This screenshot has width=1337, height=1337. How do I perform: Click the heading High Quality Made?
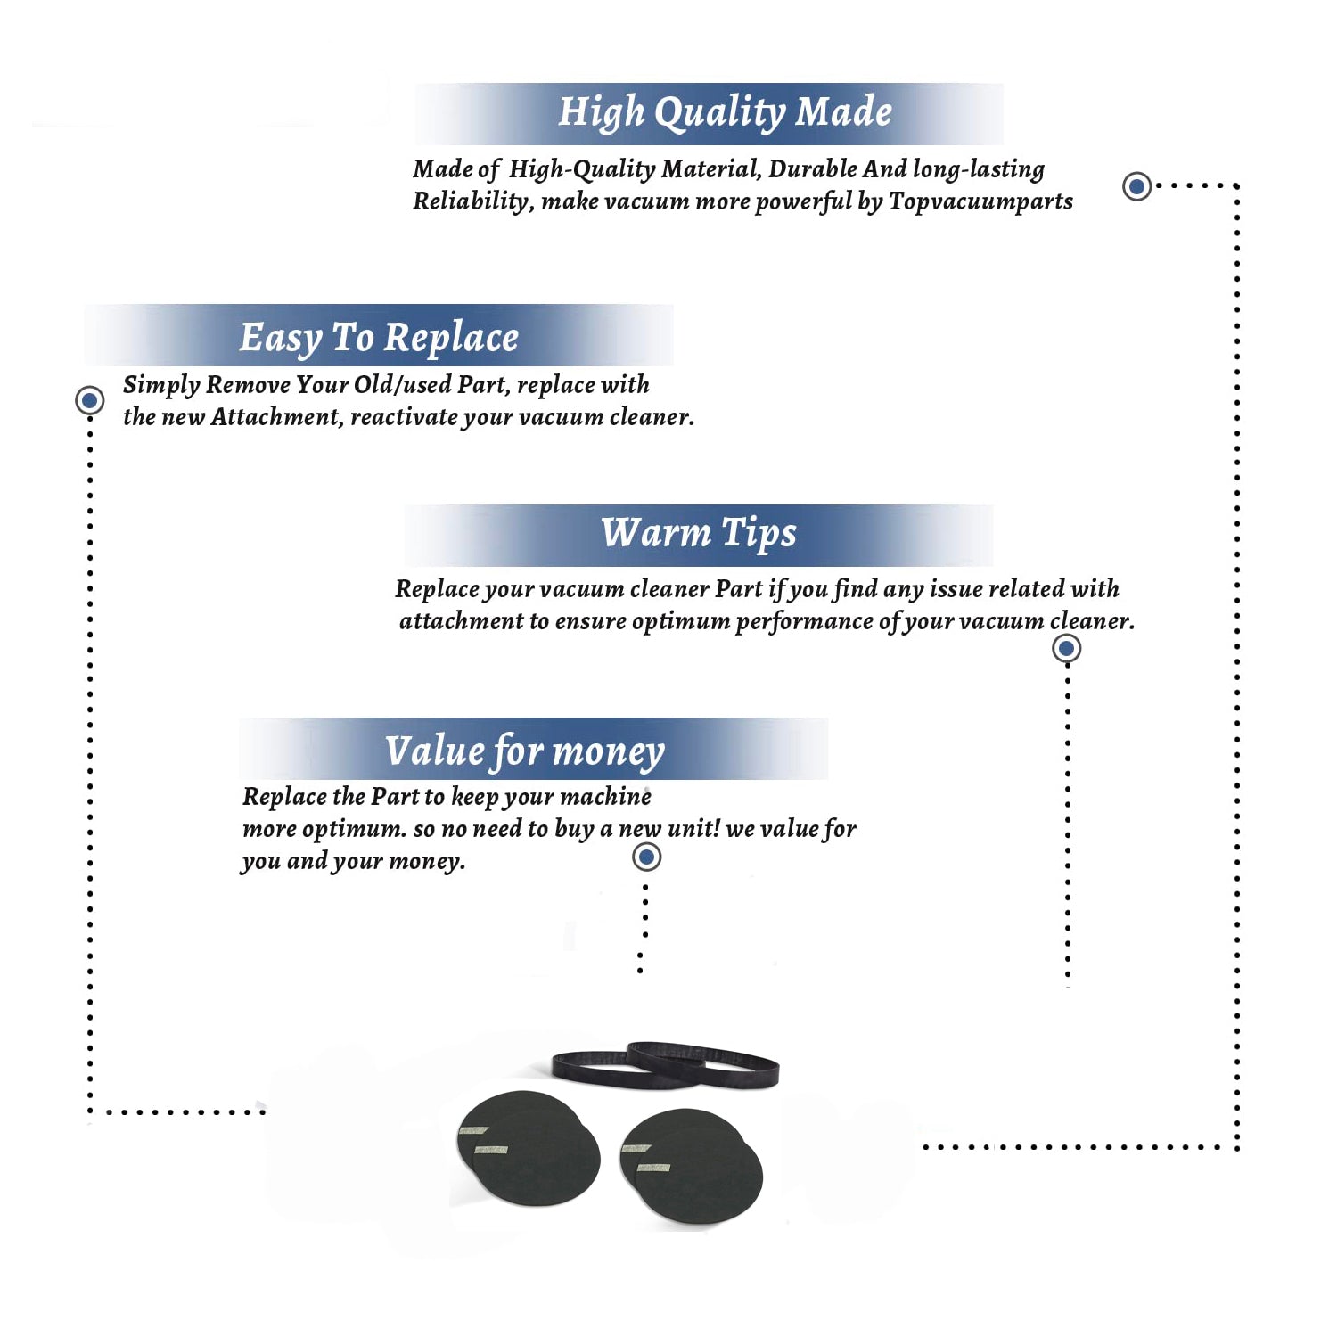[x=725, y=113]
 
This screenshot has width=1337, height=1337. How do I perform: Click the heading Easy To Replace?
[x=379, y=339]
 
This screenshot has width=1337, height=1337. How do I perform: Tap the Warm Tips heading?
[x=699, y=534]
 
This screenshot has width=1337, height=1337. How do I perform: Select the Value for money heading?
[x=525, y=751]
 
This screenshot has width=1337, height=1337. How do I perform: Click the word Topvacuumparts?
[x=980, y=201]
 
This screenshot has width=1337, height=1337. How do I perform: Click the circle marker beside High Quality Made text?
[x=1136, y=186]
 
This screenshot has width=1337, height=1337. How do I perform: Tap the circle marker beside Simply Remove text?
[x=89, y=400]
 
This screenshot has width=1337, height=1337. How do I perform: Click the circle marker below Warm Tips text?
[x=1066, y=648]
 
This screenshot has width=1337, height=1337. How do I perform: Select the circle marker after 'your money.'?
[x=646, y=857]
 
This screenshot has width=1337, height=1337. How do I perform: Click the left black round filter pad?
[x=528, y=1149]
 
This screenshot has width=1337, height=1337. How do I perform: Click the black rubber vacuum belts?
[x=665, y=1065]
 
